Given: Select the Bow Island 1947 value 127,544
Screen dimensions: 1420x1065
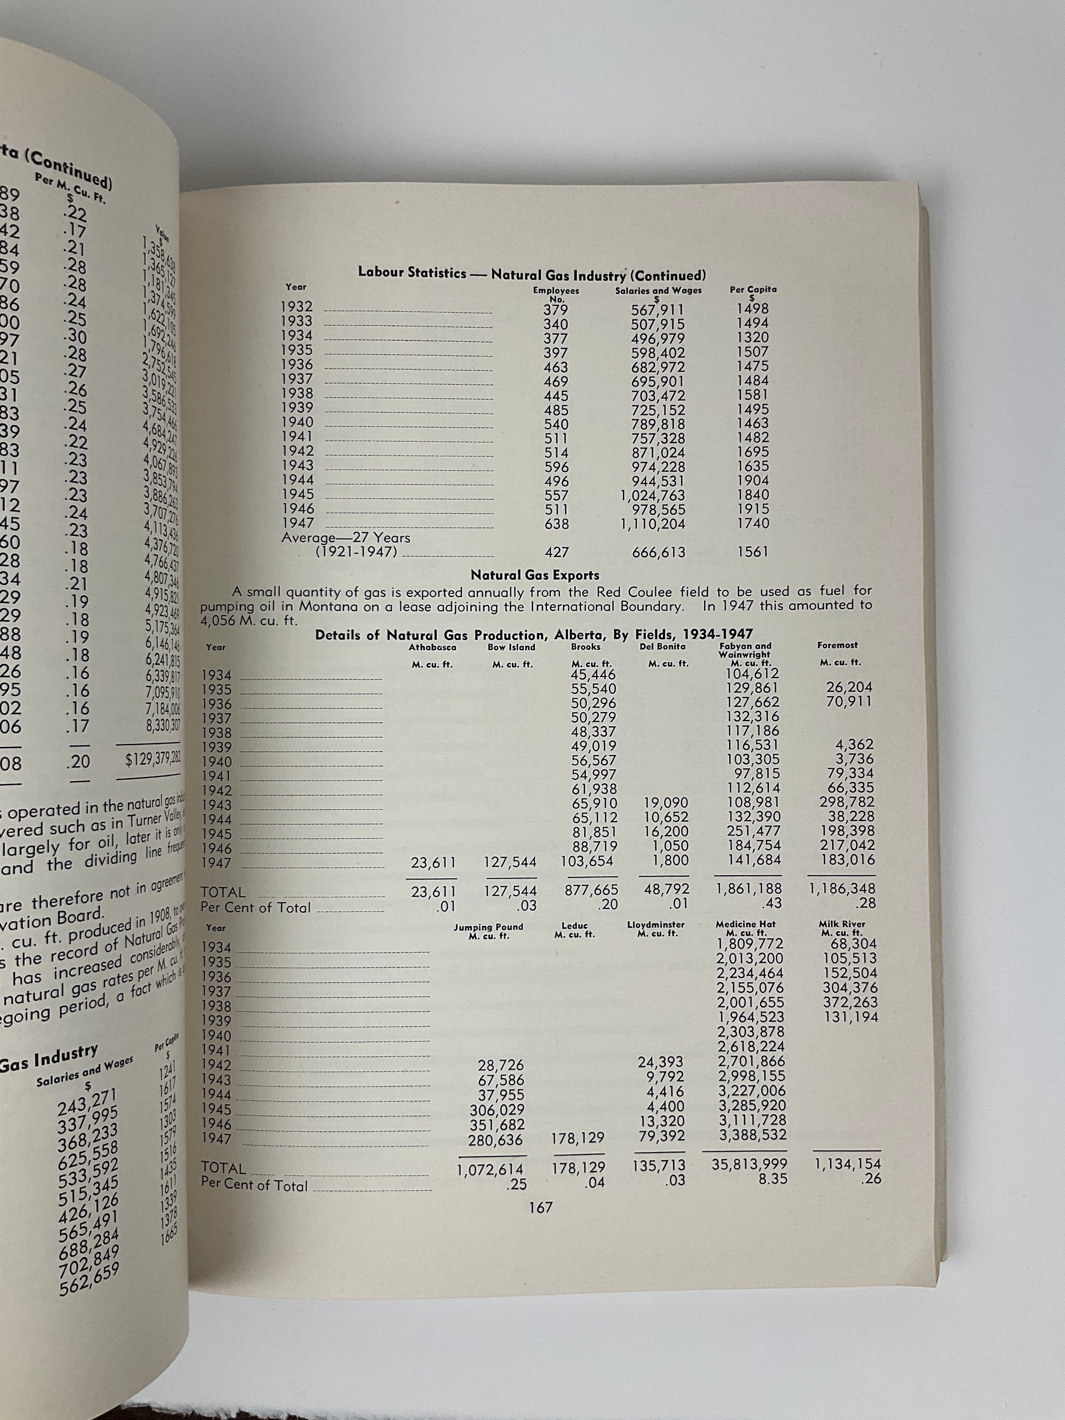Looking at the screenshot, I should (511, 861).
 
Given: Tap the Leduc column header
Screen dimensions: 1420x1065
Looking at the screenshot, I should (574, 926).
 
